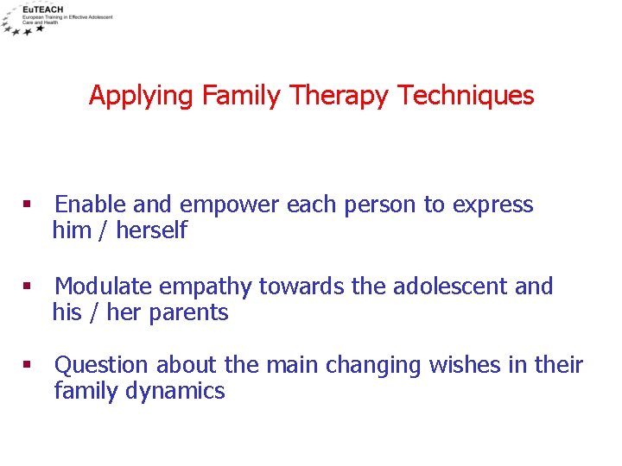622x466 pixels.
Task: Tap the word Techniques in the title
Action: tap(466, 95)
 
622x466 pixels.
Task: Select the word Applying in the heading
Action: tap(142, 96)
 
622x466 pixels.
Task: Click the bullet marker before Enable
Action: tap(27, 205)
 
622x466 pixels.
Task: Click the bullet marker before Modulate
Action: tap(27, 287)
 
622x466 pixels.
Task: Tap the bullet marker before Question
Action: tap(27, 366)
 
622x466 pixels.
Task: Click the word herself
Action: tap(151, 230)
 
